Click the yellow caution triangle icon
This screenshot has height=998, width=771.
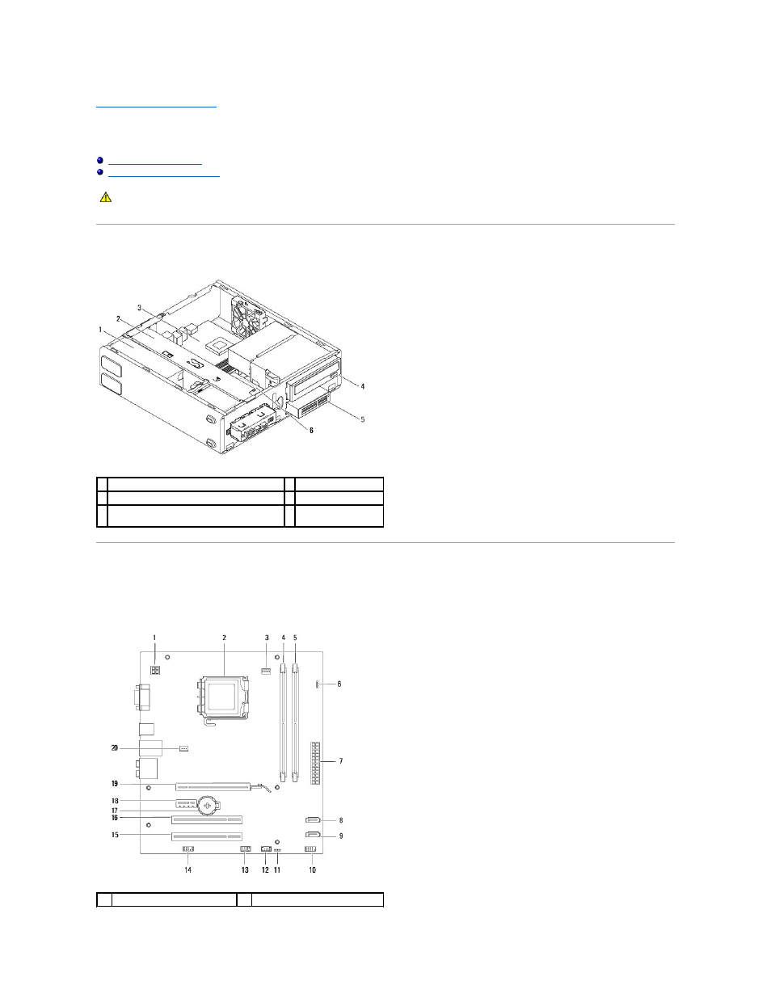(x=106, y=197)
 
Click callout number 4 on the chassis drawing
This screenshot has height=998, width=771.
(x=362, y=386)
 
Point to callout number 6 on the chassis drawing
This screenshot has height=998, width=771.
(x=311, y=431)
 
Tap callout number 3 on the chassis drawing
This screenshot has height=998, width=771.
(x=140, y=308)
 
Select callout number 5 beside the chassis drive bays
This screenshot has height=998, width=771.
(x=362, y=419)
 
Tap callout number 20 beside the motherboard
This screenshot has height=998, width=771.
(x=115, y=748)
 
